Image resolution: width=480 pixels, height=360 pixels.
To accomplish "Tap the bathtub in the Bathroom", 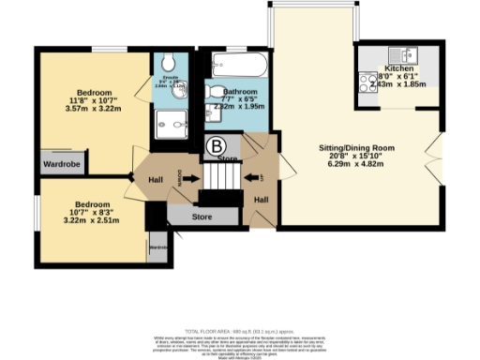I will [232, 67].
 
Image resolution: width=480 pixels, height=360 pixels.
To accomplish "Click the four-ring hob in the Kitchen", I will [367, 81].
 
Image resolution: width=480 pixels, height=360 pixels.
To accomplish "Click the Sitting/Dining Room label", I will [356, 148].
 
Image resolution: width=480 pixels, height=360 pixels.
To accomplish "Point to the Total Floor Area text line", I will [240, 333].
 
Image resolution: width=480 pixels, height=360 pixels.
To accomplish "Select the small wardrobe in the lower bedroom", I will [157, 247].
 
